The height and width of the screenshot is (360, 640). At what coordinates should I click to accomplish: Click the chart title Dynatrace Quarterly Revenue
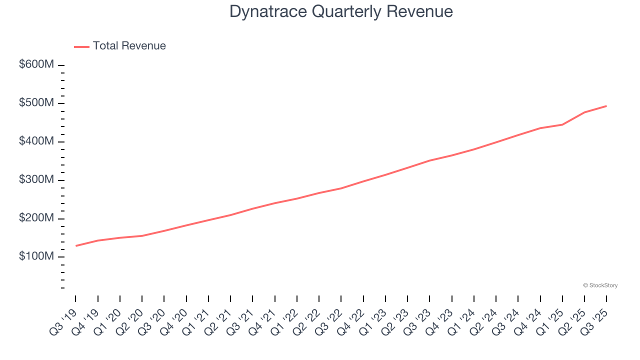[x=341, y=11]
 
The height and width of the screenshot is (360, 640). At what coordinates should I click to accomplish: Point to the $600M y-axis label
[x=36, y=65]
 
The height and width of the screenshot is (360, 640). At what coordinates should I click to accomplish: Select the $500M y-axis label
[x=36, y=103]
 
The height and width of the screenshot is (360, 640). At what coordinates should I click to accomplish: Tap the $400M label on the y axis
[x=36, y=142]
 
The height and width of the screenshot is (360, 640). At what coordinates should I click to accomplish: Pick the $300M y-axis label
[x=36, y=180]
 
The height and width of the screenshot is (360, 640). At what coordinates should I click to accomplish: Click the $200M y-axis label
[x=36, y=218]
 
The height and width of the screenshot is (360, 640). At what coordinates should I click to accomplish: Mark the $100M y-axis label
[x=36, y=257]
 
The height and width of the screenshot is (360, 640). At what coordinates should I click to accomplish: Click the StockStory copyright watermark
[x=600, y=285]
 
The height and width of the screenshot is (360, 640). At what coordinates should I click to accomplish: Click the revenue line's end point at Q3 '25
[x=606, y=106]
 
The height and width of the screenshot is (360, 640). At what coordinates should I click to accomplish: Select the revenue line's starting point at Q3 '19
[x=76, y=245]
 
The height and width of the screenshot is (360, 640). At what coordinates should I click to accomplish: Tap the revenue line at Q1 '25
[x=562, y=124]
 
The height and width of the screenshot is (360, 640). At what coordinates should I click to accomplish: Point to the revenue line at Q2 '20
[x=142, y=235]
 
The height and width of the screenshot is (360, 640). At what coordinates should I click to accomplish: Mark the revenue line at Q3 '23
[x=429, y=160]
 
